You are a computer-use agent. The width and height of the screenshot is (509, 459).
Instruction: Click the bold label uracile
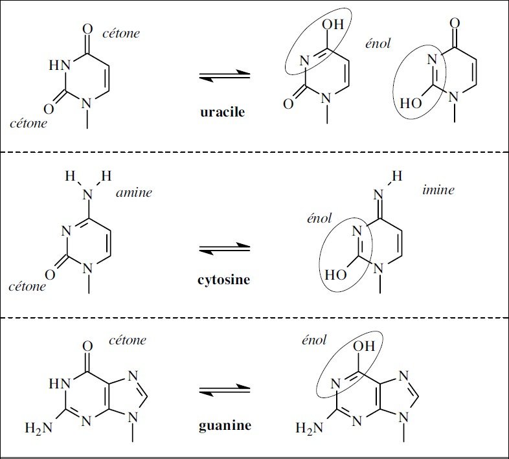[223, 112]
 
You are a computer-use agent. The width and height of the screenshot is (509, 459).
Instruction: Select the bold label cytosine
[223, 280]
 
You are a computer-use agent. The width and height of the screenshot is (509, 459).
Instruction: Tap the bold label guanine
[223, 425]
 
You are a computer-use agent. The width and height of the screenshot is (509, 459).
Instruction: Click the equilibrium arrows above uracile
[223, 76]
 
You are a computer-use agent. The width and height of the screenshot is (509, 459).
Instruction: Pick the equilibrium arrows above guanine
[223, 390]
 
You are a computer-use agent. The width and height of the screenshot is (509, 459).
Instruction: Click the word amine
[134, 192]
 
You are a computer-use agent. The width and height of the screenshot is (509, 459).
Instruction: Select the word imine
[436, 190]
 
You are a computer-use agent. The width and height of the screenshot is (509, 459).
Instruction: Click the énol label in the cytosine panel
[319, 219]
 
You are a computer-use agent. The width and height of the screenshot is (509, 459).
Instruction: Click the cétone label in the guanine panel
[127, 340]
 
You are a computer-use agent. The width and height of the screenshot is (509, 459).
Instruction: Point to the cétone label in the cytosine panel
[28, 285]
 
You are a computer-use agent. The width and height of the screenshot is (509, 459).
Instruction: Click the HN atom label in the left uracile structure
[59, 65]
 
